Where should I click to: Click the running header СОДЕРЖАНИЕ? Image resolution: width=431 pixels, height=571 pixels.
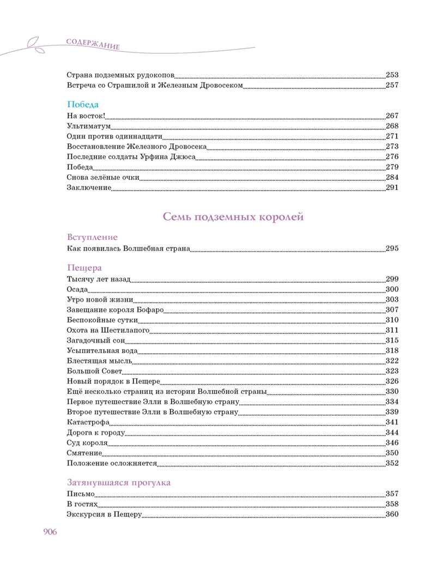pyautogui.click(x=92, y=44)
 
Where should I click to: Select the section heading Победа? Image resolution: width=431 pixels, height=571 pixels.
pyautogui.click(x=82, y=104)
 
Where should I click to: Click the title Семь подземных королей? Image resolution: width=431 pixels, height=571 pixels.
pyautogui.click(x=233, y=217)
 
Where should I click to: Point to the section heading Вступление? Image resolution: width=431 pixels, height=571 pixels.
pyautogui.click(x=92, y=238)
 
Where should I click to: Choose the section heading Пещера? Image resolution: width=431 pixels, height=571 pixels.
pyautogui.click(x=84, y=268)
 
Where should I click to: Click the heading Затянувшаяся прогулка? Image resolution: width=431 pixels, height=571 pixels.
pyautogui.click(x=119, y=483)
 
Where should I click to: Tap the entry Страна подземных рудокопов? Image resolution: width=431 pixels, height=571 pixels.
pyautogui.click(x=119, y=75)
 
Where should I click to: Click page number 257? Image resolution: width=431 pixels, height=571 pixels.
pyautogui.click(x=392, y=85)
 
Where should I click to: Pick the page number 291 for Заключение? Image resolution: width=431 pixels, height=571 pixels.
pyautogui.click(x=392, y=188)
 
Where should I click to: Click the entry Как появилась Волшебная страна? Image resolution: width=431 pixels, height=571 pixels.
pyautogui.click(x=129, y=248)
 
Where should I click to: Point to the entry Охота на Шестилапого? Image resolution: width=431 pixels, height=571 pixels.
pyautogui.click(x=108, y=330)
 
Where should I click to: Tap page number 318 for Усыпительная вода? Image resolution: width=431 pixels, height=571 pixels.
pyautogui.click(x=392, y=350)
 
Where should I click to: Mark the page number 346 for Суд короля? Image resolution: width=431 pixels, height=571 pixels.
pyautogui.click(x=392, y=442)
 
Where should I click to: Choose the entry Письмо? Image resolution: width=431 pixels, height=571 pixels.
pyautogui.click(x=81, y=494)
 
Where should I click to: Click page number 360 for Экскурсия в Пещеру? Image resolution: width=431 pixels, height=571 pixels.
pyautogui.click(x=392, y=514)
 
